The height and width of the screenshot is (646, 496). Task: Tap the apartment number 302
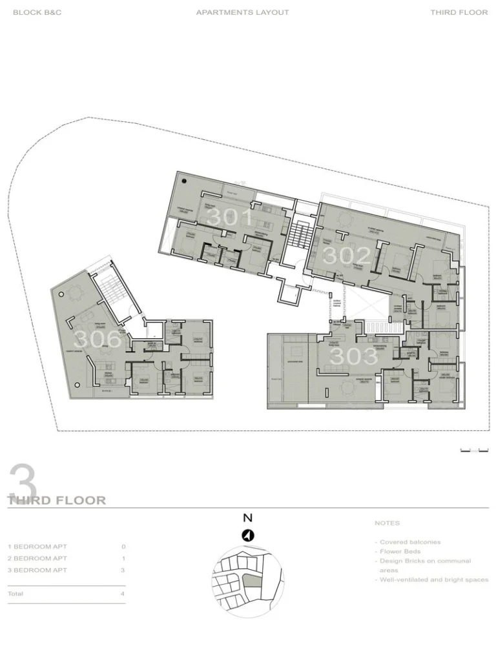pos(347,256)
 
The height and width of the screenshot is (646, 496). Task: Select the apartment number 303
pos(354,356)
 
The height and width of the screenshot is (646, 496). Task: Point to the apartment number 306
pos(98,339)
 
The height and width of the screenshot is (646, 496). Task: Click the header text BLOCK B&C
pos(37,12)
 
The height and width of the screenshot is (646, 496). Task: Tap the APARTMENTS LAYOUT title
pos(243,12)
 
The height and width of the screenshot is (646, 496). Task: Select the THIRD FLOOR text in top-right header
pos(459,12)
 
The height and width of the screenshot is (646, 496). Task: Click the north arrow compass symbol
pos(247,535)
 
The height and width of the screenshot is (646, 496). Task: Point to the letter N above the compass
pos(247,518)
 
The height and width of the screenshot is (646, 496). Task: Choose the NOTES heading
pos(387,523)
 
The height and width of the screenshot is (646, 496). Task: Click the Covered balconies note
pos(409,542)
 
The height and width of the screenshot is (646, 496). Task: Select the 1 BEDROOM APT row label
pos(36,547)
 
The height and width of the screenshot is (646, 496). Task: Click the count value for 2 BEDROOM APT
pos(123,558)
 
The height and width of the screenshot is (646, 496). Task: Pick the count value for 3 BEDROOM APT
pos(123,570)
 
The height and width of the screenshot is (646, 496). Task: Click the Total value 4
pos(123,594)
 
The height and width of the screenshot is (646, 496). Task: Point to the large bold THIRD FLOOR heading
pos(57,500)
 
